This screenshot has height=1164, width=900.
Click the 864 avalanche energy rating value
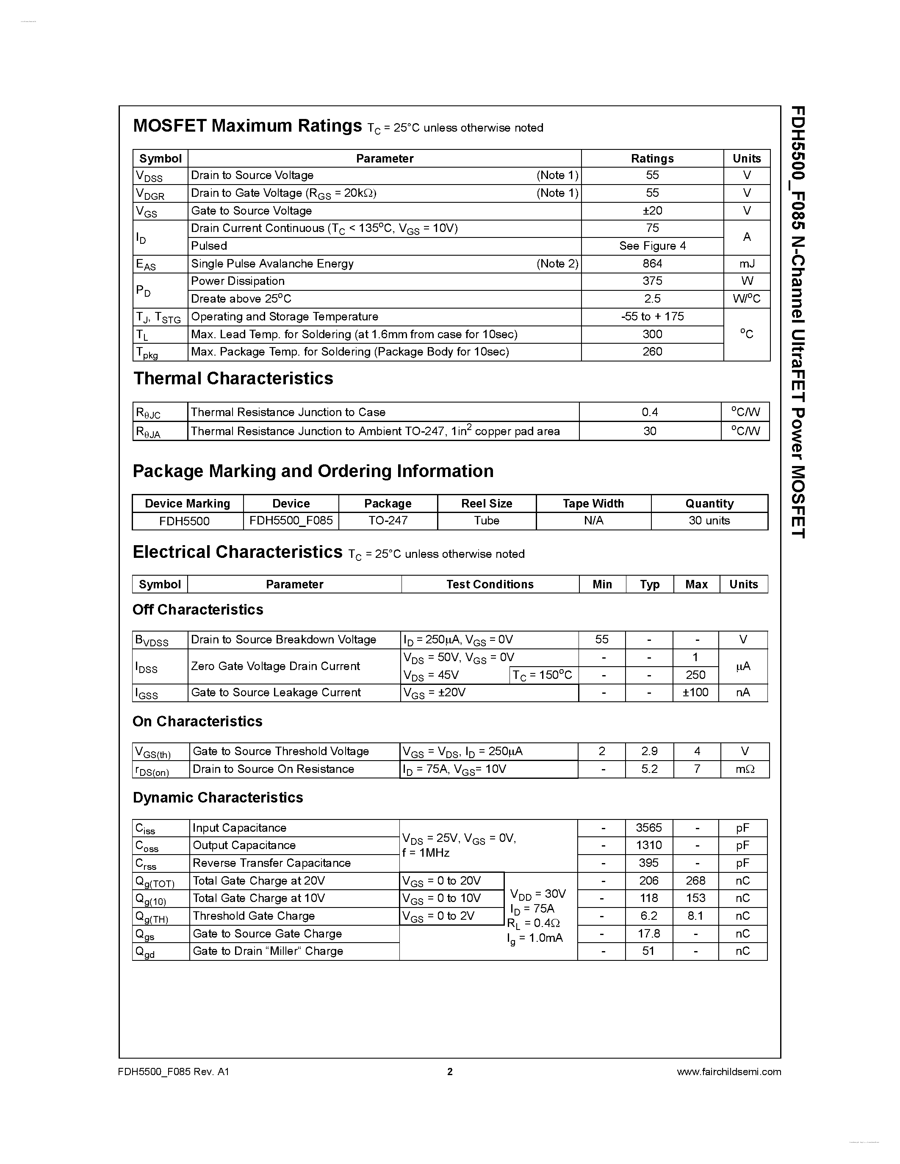coord(652,263)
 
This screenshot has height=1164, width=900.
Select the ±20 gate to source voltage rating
coord(652,210)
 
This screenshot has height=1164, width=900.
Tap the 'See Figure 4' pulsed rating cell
coord(652,245)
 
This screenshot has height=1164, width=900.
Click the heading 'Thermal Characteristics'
coord(233,378)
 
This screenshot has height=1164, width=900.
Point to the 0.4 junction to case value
coord(649,412)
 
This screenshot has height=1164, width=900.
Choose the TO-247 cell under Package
coord(388,521)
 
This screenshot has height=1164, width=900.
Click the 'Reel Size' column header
coord(486,504)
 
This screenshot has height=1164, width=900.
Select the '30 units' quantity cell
coord(709,521)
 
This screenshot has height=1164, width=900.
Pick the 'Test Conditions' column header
coord(490,584)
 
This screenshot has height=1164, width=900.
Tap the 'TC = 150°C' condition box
coord(542,675)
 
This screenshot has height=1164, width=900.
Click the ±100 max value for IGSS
coord(696,692)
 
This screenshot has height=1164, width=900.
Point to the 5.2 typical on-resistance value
coord(649,769)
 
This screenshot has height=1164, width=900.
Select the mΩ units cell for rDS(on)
coord(744,769)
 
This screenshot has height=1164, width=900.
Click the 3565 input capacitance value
coord(648,827)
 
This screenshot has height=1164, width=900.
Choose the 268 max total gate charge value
coord(695,880)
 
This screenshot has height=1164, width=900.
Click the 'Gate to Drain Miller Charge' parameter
coord(268,951)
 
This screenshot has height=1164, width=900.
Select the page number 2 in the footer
coord(449,1071)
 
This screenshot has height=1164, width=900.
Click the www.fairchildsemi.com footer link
coord(728,1071)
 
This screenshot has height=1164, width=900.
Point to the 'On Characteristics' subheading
coord(197,721)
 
